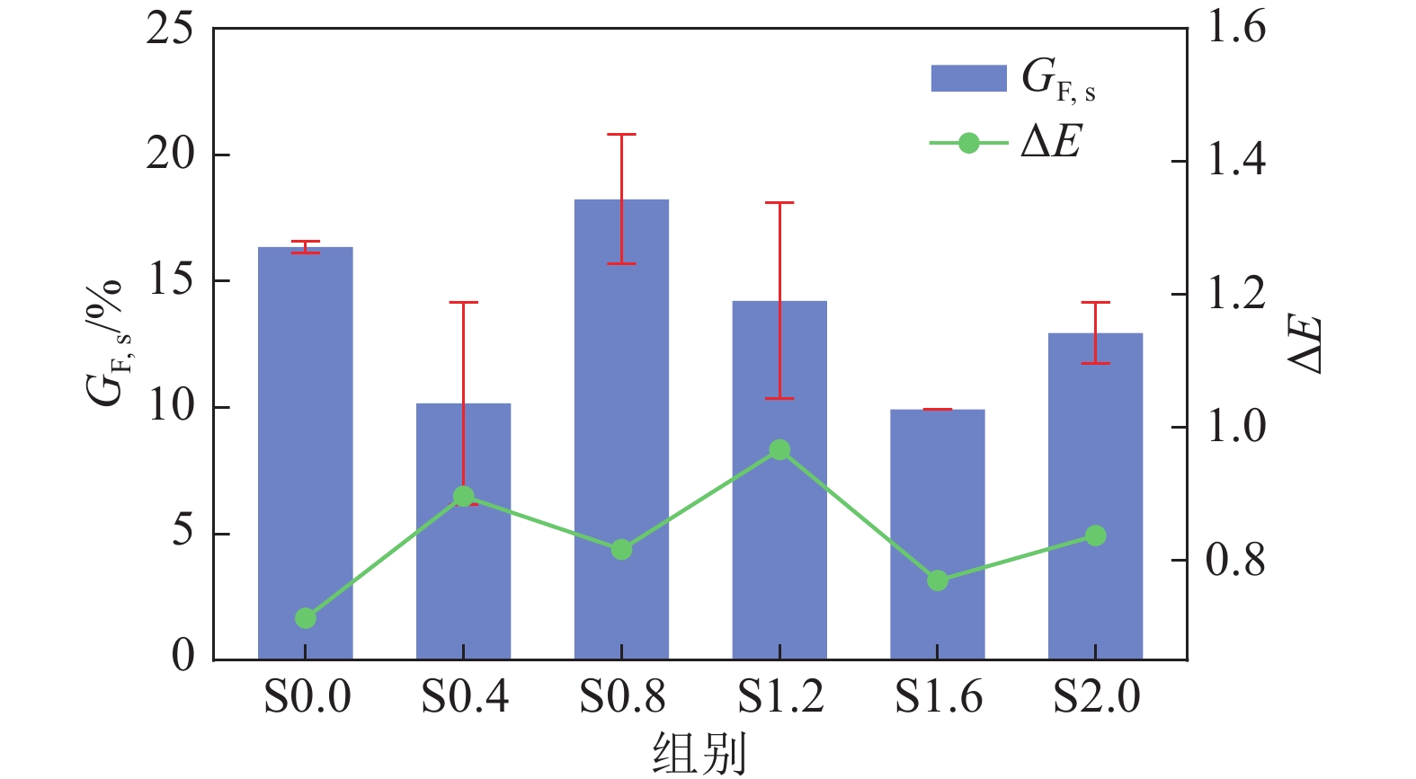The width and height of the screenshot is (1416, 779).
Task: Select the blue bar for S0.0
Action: click(306, 431)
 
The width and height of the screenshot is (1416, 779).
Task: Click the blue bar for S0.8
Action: click(621, 377)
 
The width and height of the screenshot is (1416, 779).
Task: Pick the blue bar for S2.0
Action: click(1095, 431)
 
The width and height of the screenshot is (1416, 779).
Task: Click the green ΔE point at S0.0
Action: click(306, 618)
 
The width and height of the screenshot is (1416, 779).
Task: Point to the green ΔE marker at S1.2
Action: click(779, 450)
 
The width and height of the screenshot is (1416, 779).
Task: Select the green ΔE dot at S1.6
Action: click(938, 580)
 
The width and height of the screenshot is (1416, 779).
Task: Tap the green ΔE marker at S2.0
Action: click(1095, 536)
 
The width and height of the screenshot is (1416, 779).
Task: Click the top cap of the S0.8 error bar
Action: click(621, 135)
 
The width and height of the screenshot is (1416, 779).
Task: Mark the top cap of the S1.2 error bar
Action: click(779, 203)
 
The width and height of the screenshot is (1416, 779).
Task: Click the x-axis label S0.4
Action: click(464, 697)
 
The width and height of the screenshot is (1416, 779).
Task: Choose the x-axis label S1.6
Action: click(939, 697)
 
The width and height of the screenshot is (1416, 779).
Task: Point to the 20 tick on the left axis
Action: click(170, 155)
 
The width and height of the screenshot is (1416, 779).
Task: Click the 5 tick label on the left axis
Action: click(183, 532)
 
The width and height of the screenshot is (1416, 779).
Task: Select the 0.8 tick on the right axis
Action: click(1235, 561)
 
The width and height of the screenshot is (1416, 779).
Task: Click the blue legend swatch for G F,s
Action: click(968, 78)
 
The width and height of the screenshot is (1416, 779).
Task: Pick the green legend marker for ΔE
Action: click(968, 143)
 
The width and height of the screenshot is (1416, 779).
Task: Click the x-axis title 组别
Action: click(699, 753)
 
